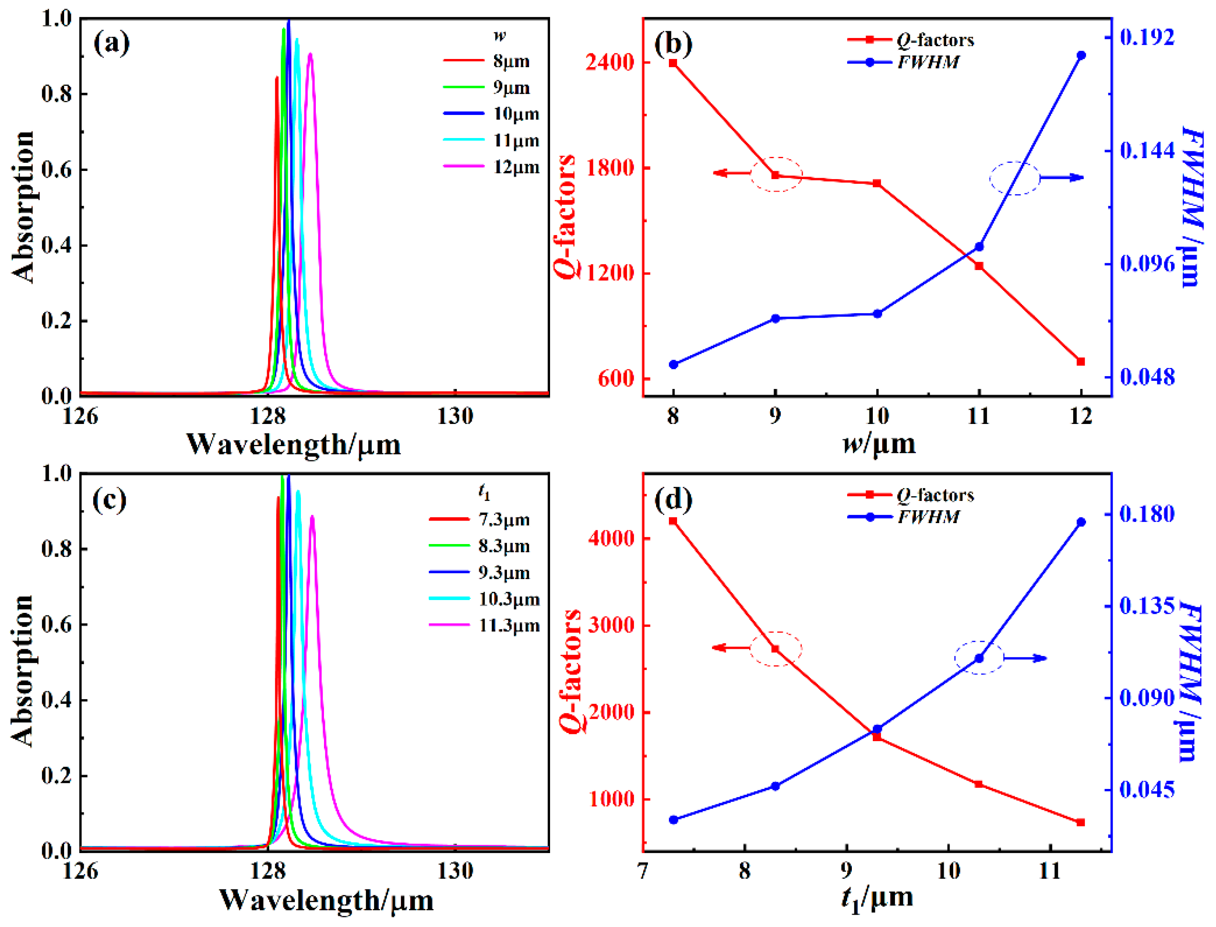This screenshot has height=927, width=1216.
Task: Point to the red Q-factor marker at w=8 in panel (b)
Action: (673, 63)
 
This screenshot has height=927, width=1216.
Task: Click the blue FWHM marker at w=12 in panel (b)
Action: (1081, 55)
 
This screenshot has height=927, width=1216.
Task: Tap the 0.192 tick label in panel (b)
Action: (1146, 37)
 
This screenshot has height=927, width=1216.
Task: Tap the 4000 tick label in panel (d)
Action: (611, 539)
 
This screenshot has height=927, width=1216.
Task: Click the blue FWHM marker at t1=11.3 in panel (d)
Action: (1081, 522)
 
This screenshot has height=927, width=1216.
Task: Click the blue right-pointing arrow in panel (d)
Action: (1025, 658)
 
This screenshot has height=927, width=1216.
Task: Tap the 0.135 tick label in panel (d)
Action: (1146, 606)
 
